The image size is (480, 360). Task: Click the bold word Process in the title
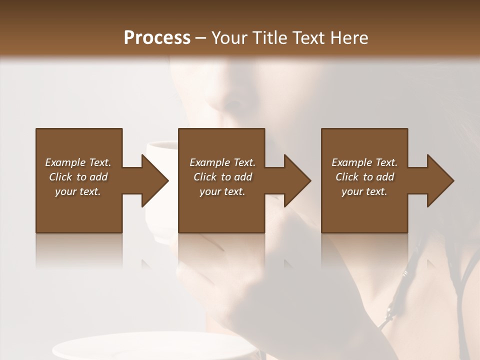pos(157,38)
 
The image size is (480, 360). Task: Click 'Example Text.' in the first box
pos(78,162)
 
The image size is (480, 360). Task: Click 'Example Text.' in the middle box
pos(222,162)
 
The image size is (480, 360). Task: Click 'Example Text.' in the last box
pos(364,162)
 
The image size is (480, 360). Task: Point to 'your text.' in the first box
pos(78,191)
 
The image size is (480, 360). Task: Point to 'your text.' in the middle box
pos(222,191)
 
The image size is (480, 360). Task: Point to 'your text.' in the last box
pos(364,191)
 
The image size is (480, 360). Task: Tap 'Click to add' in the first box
pos(78,177)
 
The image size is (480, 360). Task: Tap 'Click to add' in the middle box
pos(222,177)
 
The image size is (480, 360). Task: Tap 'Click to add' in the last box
pos(364,177)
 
